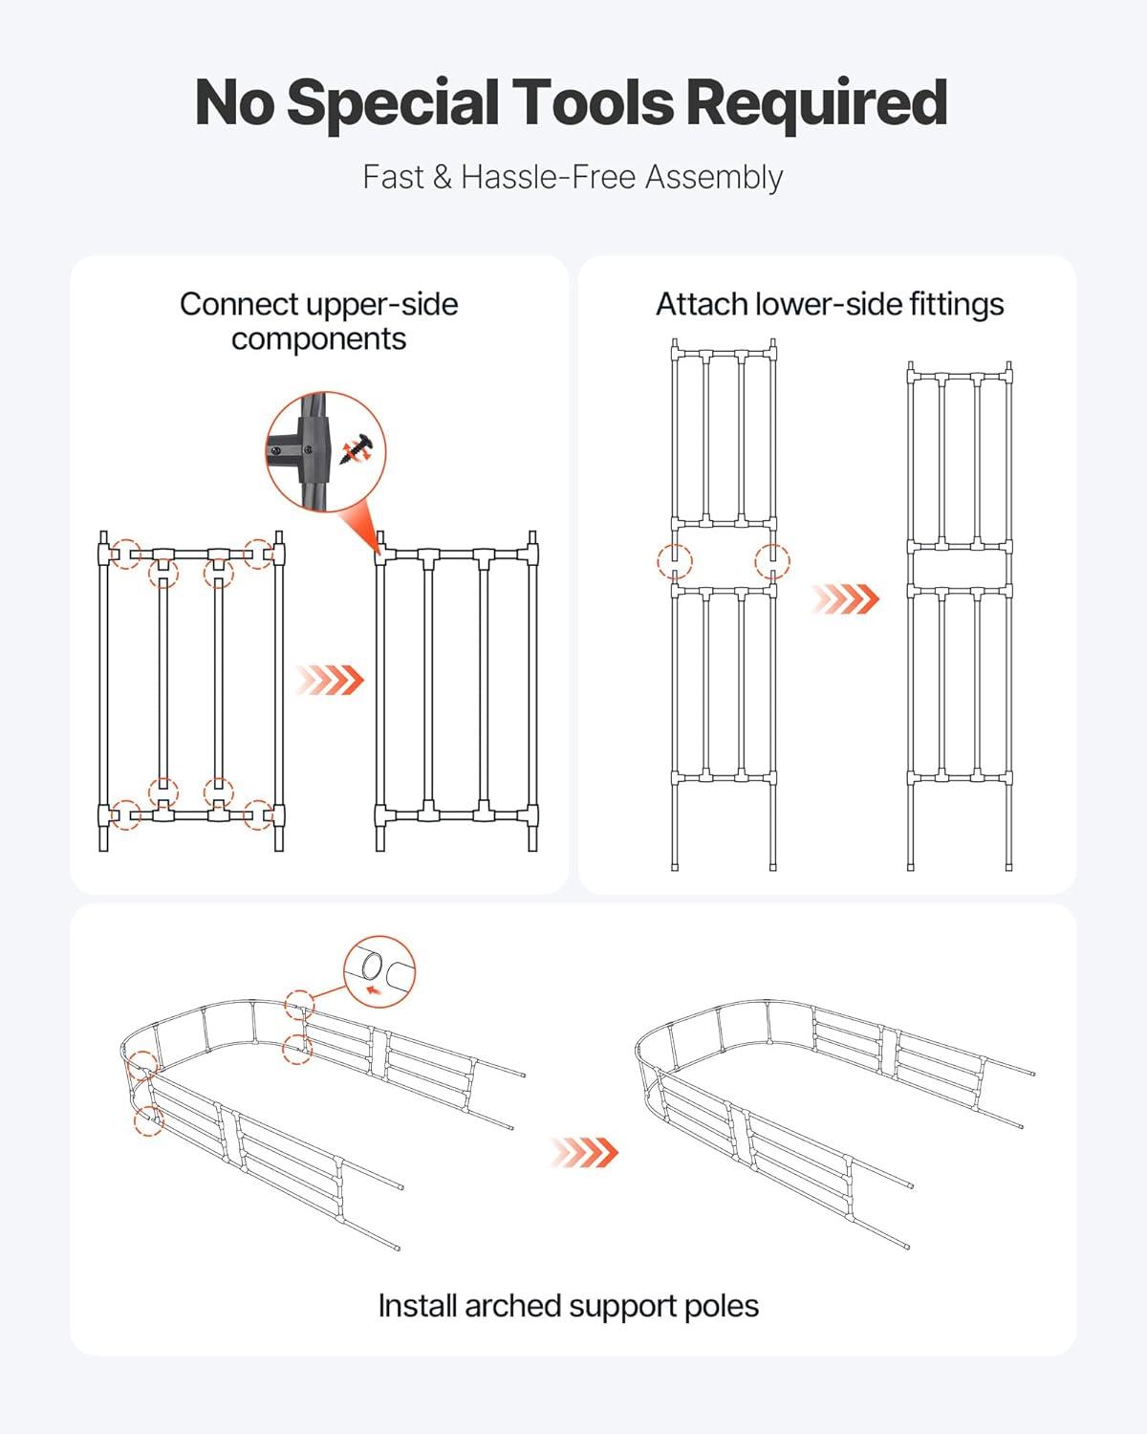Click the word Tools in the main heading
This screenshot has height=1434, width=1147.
point(594,102)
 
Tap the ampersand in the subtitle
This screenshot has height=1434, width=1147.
point(442,178)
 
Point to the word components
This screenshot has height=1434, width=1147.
point(318,339)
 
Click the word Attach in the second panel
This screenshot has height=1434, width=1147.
point(702,305)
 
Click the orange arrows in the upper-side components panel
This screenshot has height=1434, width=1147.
point(330,680)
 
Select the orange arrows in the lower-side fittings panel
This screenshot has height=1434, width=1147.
point(845,598)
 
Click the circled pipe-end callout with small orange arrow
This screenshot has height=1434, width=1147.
point(379,971)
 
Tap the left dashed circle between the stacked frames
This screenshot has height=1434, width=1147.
point(675,561)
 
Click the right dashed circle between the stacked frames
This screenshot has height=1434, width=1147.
point(772,561)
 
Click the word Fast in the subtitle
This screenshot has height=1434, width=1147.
point(393,178)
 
